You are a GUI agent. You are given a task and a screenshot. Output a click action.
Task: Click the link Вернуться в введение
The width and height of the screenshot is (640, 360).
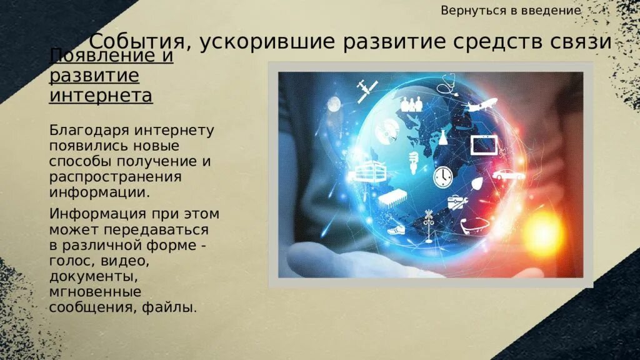coord(511,11)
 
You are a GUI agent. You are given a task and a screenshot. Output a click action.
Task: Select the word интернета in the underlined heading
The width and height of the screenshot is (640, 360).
coord(101,96)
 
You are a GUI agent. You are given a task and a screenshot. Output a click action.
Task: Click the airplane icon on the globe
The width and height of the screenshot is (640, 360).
coord(481,104)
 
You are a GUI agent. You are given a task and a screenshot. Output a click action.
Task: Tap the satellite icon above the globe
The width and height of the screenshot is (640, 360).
coord(364,90)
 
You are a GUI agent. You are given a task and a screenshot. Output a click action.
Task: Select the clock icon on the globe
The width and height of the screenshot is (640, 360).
coord(442,176)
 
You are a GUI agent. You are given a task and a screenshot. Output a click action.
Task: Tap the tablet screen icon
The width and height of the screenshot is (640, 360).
coord(483,144)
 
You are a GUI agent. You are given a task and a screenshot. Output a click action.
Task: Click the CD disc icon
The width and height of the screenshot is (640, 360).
coord(386,131)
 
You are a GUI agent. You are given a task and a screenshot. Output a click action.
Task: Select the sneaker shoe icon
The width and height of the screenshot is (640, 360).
coord(396,229)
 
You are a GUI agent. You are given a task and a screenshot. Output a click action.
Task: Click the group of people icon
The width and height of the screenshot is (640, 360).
coord(411,103)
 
